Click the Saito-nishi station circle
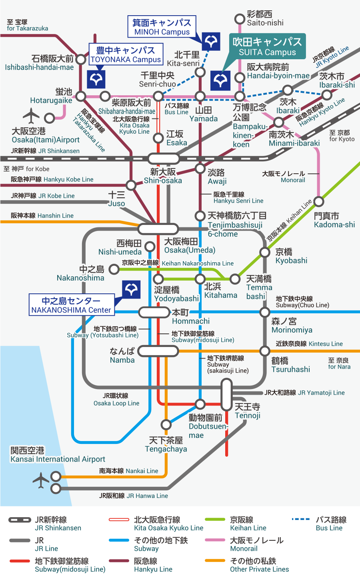click(239, 19)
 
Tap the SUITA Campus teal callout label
click(267, 46)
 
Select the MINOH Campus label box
click(162, 27)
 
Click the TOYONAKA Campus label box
click(126, 55)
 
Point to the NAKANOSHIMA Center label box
click(72, 305)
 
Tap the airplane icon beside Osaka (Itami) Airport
click(31, 116)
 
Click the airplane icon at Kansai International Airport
click(41, 480)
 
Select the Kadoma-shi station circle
click(319, 201)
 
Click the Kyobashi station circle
click(265, 252)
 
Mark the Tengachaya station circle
click(166, 424)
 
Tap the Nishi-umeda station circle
click(150, 246)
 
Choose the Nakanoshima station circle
click(114, 269)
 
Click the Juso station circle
click(131, 185)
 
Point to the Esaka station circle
click(158, 138)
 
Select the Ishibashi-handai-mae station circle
click(81, 60)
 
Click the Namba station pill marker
click(158, 351)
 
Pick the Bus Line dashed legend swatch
click(301, 520)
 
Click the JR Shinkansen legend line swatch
click(20, 520)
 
